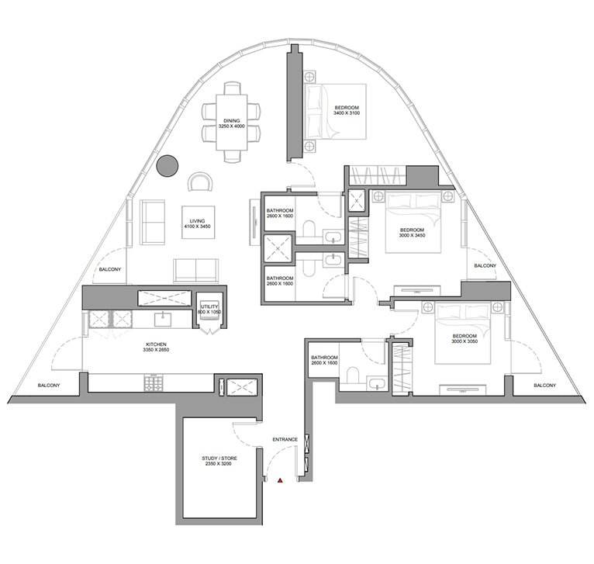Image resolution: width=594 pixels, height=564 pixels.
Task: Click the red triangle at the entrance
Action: (280, 481)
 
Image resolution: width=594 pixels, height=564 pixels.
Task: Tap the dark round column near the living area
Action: (167, 166)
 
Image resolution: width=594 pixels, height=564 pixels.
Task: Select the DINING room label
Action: (231, 121)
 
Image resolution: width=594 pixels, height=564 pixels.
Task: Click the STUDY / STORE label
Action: (219, 458)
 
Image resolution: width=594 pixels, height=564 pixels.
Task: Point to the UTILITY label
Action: (209, 306)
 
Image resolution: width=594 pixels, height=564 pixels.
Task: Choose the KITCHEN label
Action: (156, 344)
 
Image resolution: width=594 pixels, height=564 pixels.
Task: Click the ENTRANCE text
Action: (285, 440)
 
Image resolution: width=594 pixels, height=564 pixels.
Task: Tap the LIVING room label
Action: (198, 221)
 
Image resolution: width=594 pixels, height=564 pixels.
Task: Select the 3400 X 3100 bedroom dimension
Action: (347, 113)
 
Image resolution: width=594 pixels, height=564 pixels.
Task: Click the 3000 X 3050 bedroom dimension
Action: (464, 341)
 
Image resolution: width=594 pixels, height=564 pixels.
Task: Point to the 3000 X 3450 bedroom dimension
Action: (413, 235)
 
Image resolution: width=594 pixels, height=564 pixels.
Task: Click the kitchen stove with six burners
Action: (154, 382)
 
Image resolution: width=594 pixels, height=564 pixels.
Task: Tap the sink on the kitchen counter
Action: (163, 319)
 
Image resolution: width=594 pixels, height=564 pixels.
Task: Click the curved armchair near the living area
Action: (200, 182)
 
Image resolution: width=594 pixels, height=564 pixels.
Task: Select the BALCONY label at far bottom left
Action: (49, 386)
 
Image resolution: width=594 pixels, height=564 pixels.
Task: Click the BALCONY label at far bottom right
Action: (544, 385)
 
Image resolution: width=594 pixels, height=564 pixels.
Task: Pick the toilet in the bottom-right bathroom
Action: (353, 375)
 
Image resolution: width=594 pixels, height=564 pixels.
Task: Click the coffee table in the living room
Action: (198, 222)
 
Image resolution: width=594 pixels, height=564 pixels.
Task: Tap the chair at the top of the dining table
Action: (232, 88)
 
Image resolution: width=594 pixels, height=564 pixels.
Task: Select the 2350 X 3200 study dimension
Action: (219, 464)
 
